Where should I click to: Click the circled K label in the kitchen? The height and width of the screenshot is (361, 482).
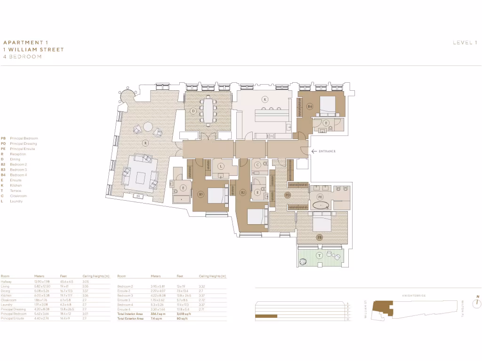click(265, 99)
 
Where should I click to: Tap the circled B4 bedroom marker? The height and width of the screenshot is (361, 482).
click(310, 107)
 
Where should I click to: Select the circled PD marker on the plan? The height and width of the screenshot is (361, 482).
click(288, 195)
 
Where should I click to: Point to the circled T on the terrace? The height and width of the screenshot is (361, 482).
click(319, 255)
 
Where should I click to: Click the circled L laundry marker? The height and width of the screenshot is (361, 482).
click(221, 166)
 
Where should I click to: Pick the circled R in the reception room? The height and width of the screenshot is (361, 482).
click(145, 142)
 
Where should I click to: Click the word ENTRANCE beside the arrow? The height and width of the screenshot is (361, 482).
click(327, 151)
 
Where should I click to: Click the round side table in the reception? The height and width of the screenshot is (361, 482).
click(148, 126)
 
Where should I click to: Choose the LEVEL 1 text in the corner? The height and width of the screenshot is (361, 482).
click(465, 43)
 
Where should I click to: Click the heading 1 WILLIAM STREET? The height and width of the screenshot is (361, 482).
click(33, 49)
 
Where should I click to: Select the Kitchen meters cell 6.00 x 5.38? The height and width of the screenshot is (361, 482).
click(41, 296)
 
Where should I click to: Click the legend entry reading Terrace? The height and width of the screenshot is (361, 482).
click(16, 191)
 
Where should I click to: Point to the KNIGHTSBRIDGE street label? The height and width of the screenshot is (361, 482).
click(414, 296)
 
